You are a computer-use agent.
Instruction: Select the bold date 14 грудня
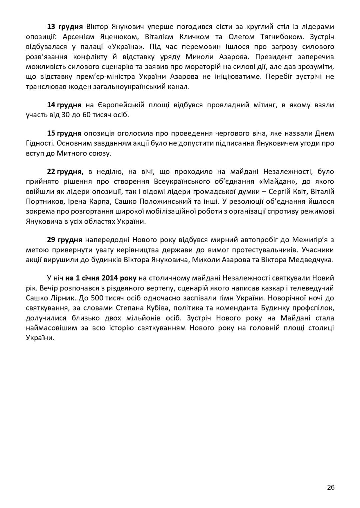pyautogui.click(x=64, y=105)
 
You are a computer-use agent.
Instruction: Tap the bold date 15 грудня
pyautogui.click(x=64, y=133)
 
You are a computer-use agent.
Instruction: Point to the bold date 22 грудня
pyautogui.click(x=65, y=172)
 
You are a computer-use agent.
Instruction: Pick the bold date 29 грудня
pyautogui.click(x=65, y=240)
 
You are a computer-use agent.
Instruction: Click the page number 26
pyautogui.click(x=331, y=487)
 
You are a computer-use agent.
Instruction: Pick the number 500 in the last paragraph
pyautogui.click(x=91, y=298)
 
